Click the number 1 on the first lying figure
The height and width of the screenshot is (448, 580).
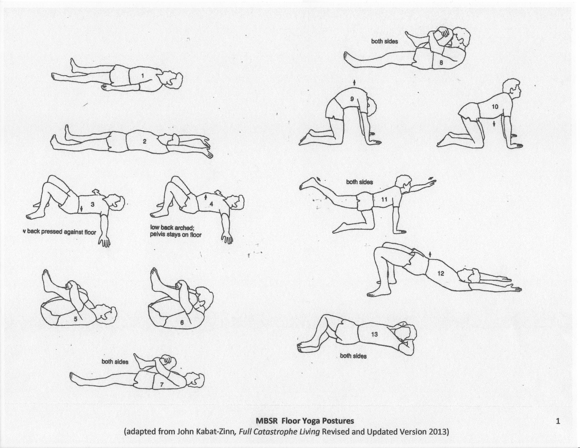143,76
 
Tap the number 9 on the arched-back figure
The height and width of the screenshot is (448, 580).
352,99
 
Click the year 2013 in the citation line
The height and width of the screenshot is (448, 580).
437,432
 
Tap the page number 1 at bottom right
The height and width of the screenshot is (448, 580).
558,421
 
